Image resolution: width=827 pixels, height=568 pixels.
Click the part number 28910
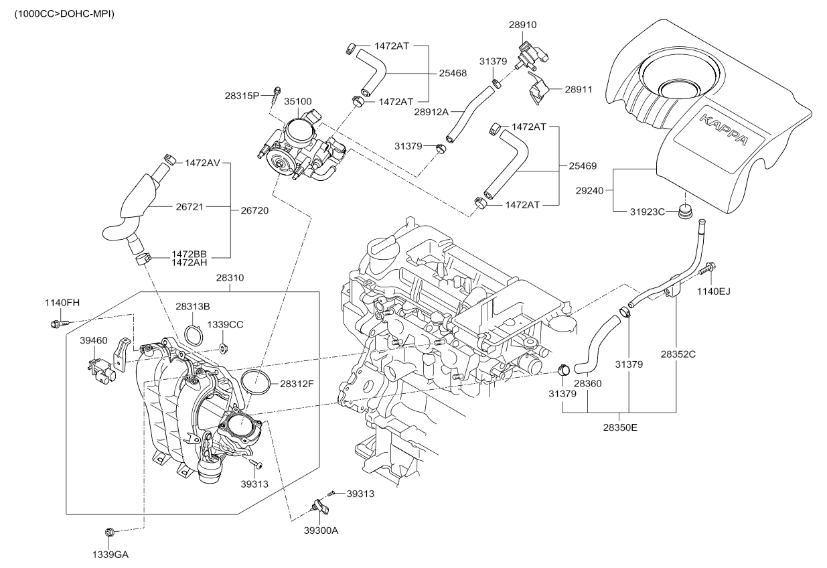[x=522, y=25]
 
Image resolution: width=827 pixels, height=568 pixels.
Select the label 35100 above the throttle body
[x=297, y=102]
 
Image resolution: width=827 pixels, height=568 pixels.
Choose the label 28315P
[x=242, y=96]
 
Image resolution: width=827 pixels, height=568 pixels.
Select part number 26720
[x=254, y=210]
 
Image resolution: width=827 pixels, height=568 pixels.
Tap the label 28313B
[x=193, y=306]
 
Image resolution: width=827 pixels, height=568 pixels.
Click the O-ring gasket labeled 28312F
[x=254, y=383]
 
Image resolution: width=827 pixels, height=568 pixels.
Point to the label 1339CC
[x=225, y=324]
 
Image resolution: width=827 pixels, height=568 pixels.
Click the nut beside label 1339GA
[x=110, y=532]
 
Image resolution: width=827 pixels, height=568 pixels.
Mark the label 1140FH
[x=62, y=303]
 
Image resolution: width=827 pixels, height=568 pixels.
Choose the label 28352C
[x=678, y=353]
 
